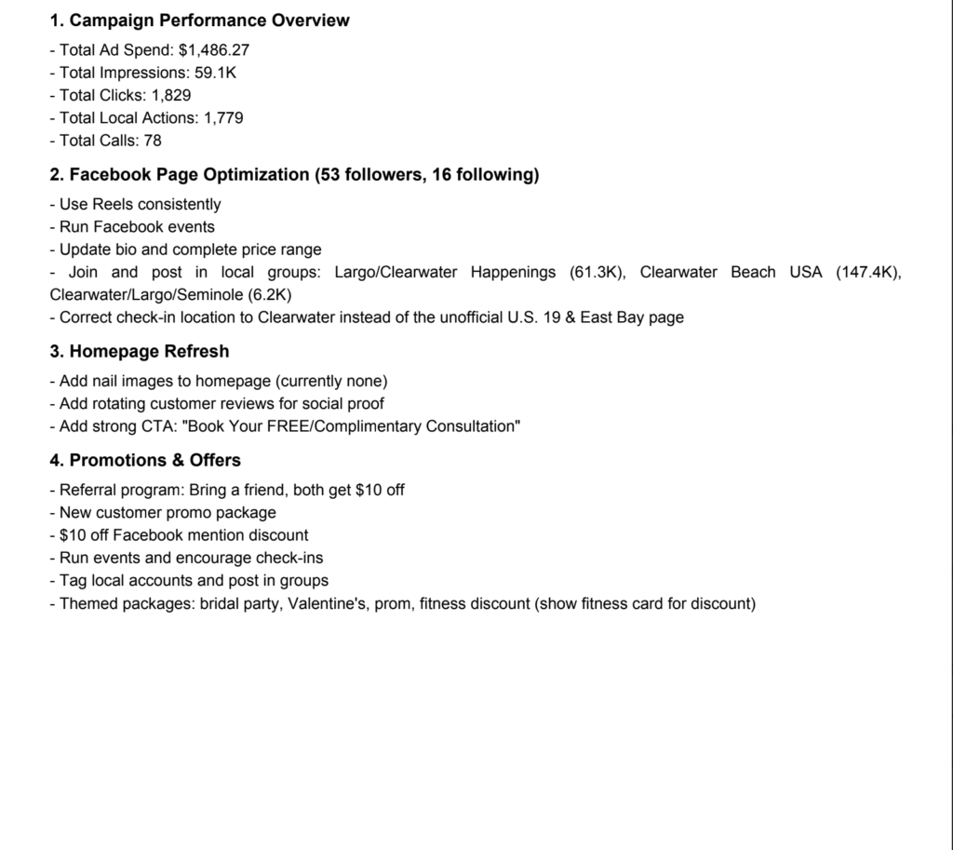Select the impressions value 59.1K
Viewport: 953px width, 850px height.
[x=215, y=73]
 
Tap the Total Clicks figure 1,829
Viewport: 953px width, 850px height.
[x=171, y=95]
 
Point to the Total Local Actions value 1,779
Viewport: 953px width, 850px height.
[x=223, y=117]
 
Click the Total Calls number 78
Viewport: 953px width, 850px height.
[x=153, y=140]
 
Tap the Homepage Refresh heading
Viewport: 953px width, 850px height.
[x=149, y=351]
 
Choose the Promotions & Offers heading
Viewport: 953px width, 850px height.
[x=154, y=460]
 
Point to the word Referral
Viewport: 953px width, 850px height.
[x=88, y=490]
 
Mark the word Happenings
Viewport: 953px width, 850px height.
[x=513, y=272]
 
